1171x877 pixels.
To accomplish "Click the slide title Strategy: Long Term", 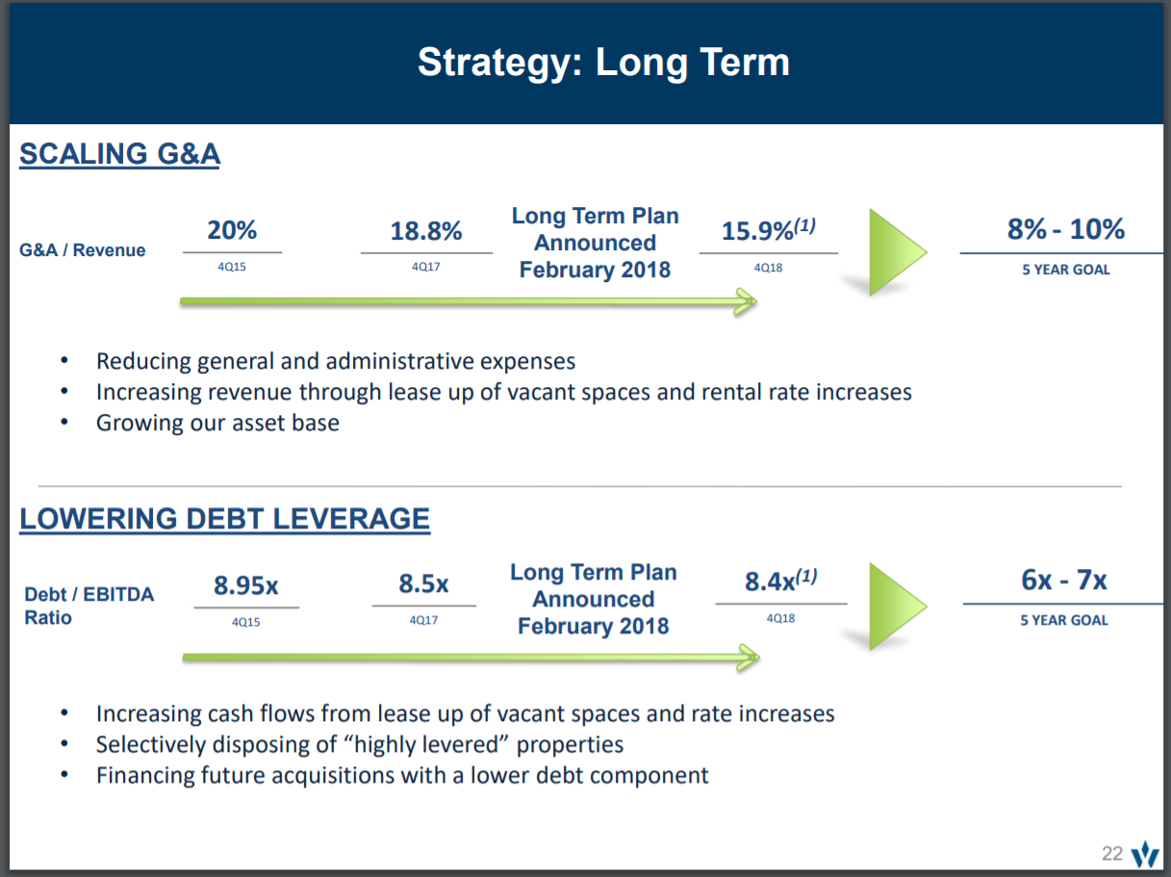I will pyautogui.click(x=603, y=63).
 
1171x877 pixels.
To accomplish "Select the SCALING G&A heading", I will pyautogui.click(x=119, y=154).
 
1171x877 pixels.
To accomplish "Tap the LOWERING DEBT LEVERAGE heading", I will pyautogui.click(x=224, y=519).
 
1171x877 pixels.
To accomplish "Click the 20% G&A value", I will pyautogui.click(x=232, y=231).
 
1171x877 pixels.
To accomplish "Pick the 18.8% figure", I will pyautogui.click(x=426, y=232).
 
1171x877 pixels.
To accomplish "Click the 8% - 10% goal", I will pyautogui.click(x=1065, y=229).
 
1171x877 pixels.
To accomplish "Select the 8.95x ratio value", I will pyautogui.click(x=246, y=585).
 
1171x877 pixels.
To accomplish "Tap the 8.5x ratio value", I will pyautogui.click(x=423, y=584).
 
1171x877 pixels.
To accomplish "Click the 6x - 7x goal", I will pyautogui.click(x=1064, y=580).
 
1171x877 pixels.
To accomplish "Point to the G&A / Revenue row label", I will pyautogui.click(x=83, y=250).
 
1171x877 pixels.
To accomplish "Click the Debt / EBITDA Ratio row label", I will pyautogui.click(x=89, y=606).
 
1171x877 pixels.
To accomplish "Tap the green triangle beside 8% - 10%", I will pyautogui.click(x=893, y=252).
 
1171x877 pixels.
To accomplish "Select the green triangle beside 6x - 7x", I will pyautogui.click(x=893, y=606).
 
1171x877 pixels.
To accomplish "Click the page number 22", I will pyautogui.click(x=1112, y=853).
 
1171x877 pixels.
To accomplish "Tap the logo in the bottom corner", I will pyautogui.click(x=1145, y=853).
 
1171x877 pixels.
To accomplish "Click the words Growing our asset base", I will pyautogui.click(x=217, y=423).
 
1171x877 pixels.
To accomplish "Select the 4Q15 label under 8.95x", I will pyautogui.click(x=245, y=622).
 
